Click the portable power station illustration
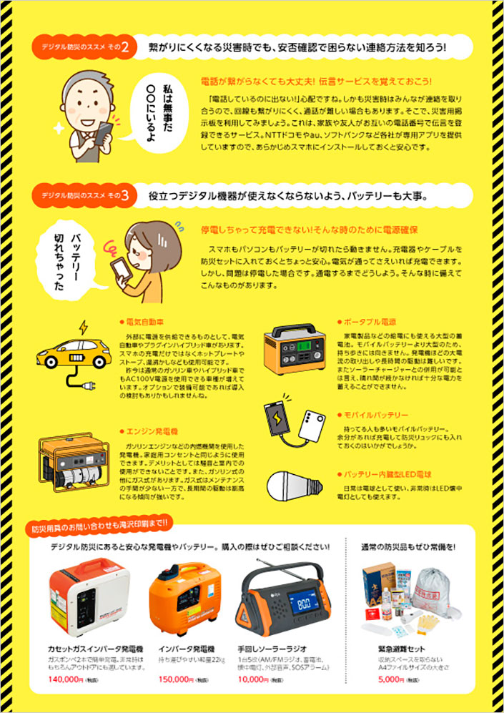294,348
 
